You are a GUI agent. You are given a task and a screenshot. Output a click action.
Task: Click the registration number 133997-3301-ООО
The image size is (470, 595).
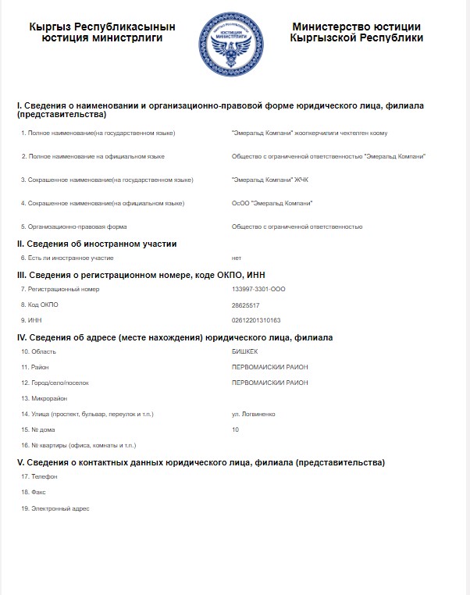click(258, 289)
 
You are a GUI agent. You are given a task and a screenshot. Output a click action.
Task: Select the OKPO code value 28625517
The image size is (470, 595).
click(246, 305)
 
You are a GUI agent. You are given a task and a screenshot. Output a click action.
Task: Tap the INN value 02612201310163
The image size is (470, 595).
click(255, 320)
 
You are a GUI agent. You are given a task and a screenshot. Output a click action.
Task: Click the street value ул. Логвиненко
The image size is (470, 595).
click(254, 414)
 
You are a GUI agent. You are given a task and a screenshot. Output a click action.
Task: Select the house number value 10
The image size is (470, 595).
click(236, 429)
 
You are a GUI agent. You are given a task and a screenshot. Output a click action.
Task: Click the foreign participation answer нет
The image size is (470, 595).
click(237, 258)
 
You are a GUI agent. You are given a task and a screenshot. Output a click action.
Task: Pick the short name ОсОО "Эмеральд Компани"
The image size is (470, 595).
click(272, 203)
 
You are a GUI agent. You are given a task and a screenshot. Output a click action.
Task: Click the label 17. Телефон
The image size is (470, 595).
click(40, 476)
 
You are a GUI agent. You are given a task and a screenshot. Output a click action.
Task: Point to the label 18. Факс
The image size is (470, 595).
click(34, 493)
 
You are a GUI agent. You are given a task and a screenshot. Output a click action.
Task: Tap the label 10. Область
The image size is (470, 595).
click(39, 351)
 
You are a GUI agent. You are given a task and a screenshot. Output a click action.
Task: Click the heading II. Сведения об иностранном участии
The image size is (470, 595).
click(97, 244)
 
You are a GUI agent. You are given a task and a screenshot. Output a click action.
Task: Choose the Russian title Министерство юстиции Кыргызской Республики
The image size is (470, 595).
click(356, 32)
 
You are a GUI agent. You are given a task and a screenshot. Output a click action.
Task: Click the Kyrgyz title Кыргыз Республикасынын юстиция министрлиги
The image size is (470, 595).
click(101, 32)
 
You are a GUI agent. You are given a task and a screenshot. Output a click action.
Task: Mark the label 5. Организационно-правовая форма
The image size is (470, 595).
click(74, 226)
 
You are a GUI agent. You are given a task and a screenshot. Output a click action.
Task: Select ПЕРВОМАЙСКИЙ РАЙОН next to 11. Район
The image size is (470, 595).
click(270, 367)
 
